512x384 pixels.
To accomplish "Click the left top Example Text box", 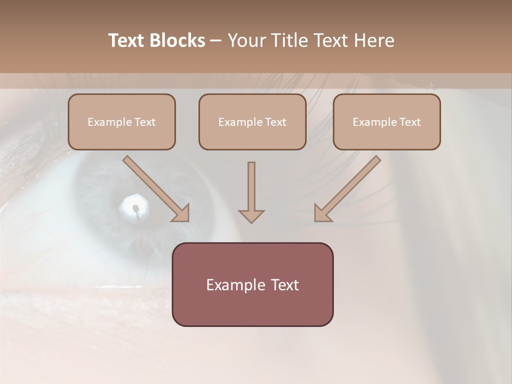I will pyautogui.click(x=122, y=122).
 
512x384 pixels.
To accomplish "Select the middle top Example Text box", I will pyautogui.click(x=252, y=122).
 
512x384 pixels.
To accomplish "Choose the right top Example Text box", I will pyautogui.click(x=387, y=122).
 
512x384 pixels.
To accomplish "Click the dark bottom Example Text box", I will pyautogui.click(x=252, y=284).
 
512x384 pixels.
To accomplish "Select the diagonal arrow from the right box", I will pyautogui.click(x=348, y=188).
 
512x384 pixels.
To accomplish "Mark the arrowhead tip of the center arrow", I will pyautogui.click(x=251, y=222).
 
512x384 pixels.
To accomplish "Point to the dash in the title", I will pyautogui.click(x=216, y=41).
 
